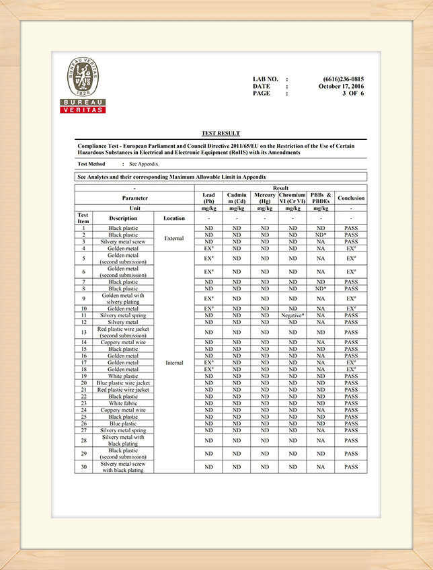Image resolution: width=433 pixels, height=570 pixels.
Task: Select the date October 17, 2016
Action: (341, 87)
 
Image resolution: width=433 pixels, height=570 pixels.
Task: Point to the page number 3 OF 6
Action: (353, 93)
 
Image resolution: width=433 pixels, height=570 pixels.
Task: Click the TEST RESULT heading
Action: (221, 134)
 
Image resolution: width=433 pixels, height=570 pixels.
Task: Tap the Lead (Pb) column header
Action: (208, 198)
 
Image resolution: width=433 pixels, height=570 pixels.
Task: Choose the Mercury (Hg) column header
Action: (265, 198)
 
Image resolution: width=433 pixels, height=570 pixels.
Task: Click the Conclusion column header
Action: (351, 198)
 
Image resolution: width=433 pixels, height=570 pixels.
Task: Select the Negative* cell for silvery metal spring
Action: (292, 315)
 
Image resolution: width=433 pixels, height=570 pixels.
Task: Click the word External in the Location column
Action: (174, 238)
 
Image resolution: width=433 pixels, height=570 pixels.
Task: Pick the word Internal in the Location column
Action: (174, 363)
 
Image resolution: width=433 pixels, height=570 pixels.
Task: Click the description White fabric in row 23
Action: (123, 403)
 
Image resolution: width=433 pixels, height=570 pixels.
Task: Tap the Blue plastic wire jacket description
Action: (123, 383)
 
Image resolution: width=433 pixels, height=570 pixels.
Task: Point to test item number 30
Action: (83, 467)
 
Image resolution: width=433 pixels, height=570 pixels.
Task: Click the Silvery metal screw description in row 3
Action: (123, 242)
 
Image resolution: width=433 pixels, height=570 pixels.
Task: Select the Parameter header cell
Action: (134, 198)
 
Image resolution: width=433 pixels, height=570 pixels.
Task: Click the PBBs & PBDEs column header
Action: (321, 198)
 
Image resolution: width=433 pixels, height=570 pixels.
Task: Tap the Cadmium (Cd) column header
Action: (237, 198)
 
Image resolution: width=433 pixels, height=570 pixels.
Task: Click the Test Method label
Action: (91, 164)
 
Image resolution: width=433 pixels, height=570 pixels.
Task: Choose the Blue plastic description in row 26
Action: (123, 423)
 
